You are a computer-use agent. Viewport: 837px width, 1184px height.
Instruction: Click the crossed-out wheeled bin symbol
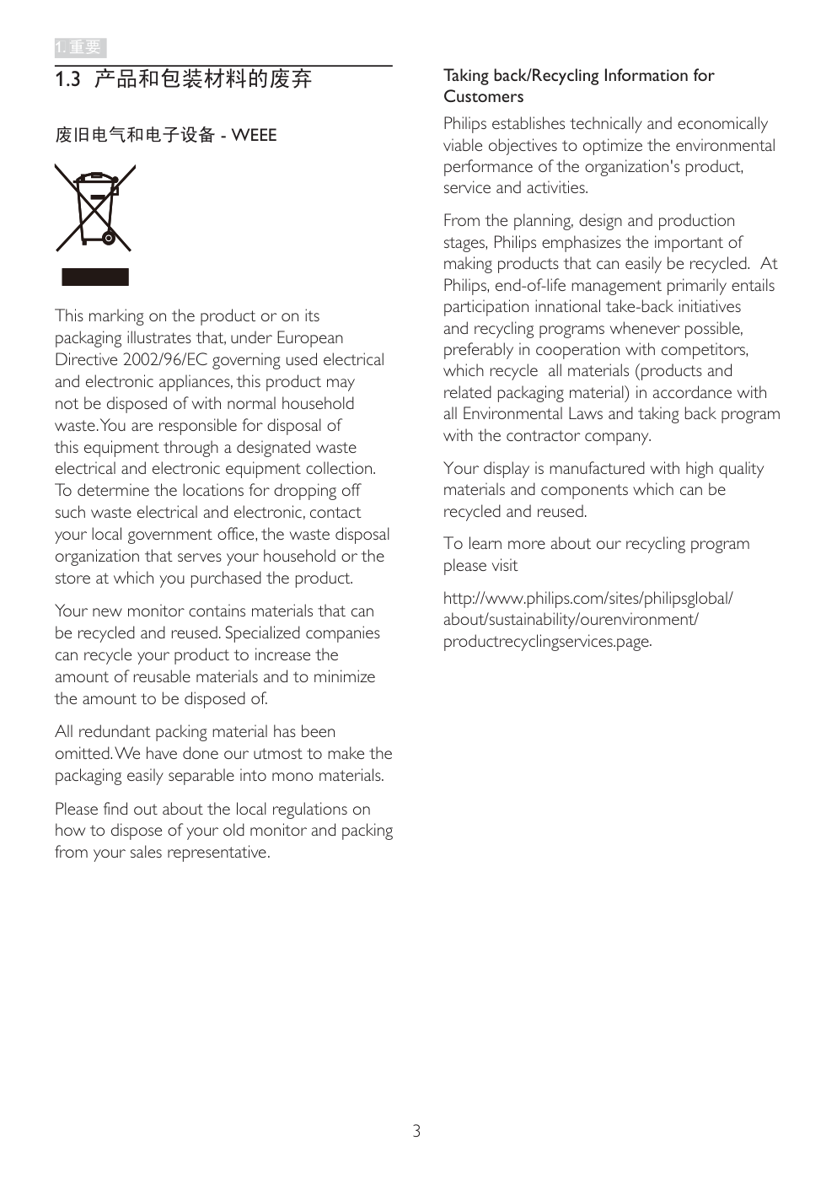click(94, 208)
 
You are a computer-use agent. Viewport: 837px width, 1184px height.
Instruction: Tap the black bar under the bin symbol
click(95, 277)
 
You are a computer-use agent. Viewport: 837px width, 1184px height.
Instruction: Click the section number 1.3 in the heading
click(67, 79)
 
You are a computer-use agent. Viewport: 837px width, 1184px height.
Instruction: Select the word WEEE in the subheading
click(254, 135)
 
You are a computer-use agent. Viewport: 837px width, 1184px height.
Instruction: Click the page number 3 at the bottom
click(416, 1131)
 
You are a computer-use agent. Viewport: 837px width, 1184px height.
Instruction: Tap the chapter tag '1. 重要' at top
click(78, 47)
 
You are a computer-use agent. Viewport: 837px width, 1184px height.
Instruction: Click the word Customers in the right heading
click(483, 97)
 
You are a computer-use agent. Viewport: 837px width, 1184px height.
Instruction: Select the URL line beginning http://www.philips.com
click(588, 599)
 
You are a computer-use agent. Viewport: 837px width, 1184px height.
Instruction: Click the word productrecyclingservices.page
click(547, 642)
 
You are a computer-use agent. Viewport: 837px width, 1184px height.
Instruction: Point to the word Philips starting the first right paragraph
click(465, 124)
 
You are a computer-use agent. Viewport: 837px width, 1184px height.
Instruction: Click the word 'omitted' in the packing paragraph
click(83, 754)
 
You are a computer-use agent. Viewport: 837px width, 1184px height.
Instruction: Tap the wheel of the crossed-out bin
click(109, 239)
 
